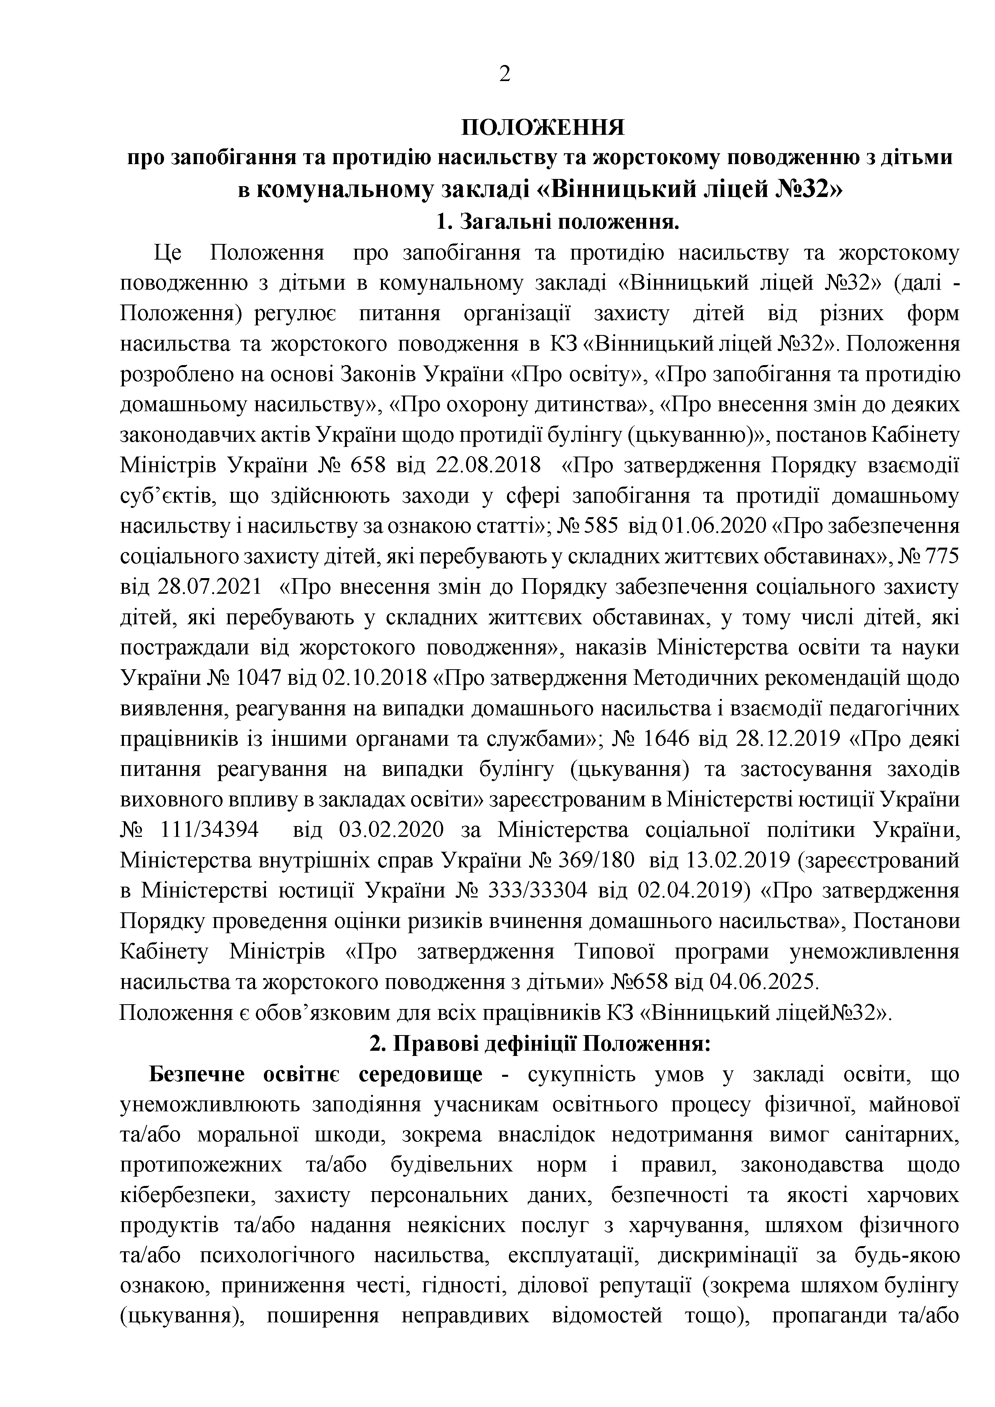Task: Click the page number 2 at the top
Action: pos(504,74)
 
